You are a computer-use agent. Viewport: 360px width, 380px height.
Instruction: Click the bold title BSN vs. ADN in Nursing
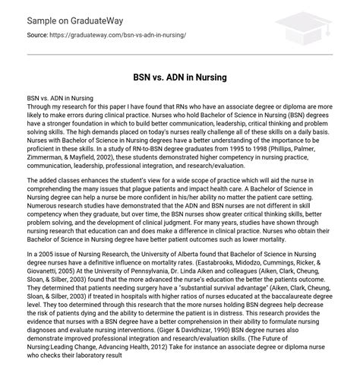click(179, 77)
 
